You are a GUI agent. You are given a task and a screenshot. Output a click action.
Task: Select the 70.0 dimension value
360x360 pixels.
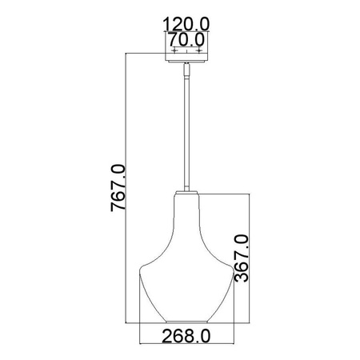pos(186,38)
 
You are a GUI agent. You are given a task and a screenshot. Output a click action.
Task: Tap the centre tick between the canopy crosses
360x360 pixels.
pos(186,50)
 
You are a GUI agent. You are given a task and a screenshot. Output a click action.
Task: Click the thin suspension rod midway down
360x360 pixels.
pos(185,136)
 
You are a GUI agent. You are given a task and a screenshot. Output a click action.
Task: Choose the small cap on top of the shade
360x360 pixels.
pos(185,192)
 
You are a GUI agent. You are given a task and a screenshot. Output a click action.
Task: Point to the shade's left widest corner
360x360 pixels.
pos(141,266)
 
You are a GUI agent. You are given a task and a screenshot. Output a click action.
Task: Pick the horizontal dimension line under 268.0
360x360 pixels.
pos(185,325)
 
